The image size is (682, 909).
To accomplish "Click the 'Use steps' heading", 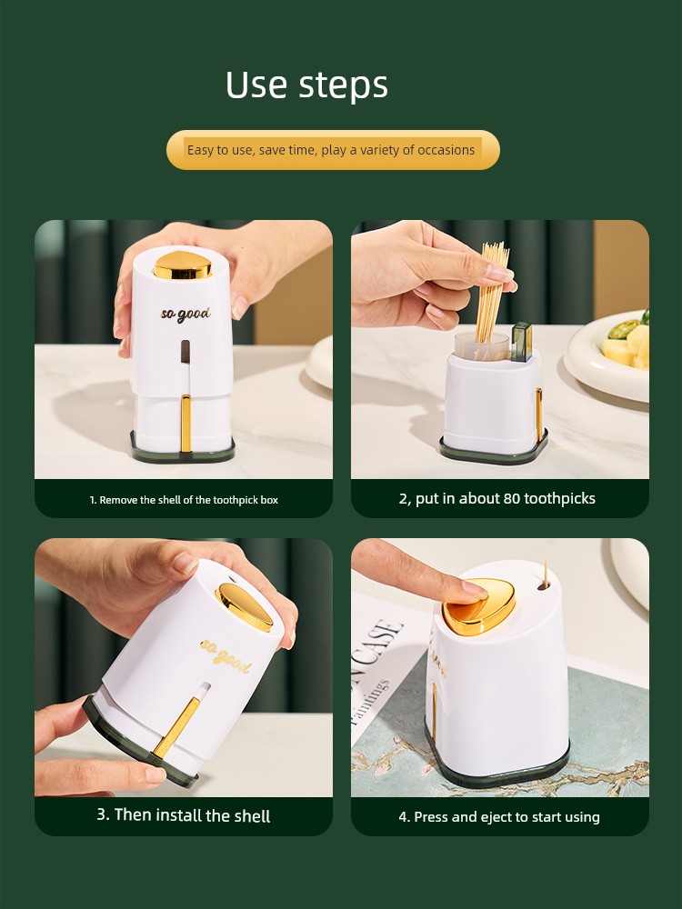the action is tap(306, 85).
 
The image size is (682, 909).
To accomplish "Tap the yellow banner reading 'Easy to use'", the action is tap(333, 150).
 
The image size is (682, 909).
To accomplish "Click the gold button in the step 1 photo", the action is tap(183, 265).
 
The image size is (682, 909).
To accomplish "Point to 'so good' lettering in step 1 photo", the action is tap(186, 315).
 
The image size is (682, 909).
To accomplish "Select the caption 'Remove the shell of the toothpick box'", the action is tap(184, 500).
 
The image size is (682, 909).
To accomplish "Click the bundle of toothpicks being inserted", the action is tap(492, 292).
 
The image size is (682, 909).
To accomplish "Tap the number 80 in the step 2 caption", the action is tap(511, 498).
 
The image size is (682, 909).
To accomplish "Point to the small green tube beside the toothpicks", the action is tap(522, 342).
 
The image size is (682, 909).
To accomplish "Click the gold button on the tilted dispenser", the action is tap(245, 606).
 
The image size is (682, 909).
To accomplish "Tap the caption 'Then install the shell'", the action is tap(184, 815).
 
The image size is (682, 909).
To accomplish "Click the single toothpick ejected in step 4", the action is tap(545, 572).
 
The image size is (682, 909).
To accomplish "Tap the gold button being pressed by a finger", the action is tap(479, 607).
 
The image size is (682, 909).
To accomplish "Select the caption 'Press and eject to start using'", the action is tap(499, 817).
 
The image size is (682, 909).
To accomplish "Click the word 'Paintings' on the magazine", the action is tap(369, 702).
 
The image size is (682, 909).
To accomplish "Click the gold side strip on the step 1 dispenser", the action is tap(186, 423).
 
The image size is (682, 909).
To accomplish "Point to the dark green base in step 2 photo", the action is tap(493, 451).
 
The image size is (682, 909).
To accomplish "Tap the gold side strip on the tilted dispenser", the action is tap(177, 727).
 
